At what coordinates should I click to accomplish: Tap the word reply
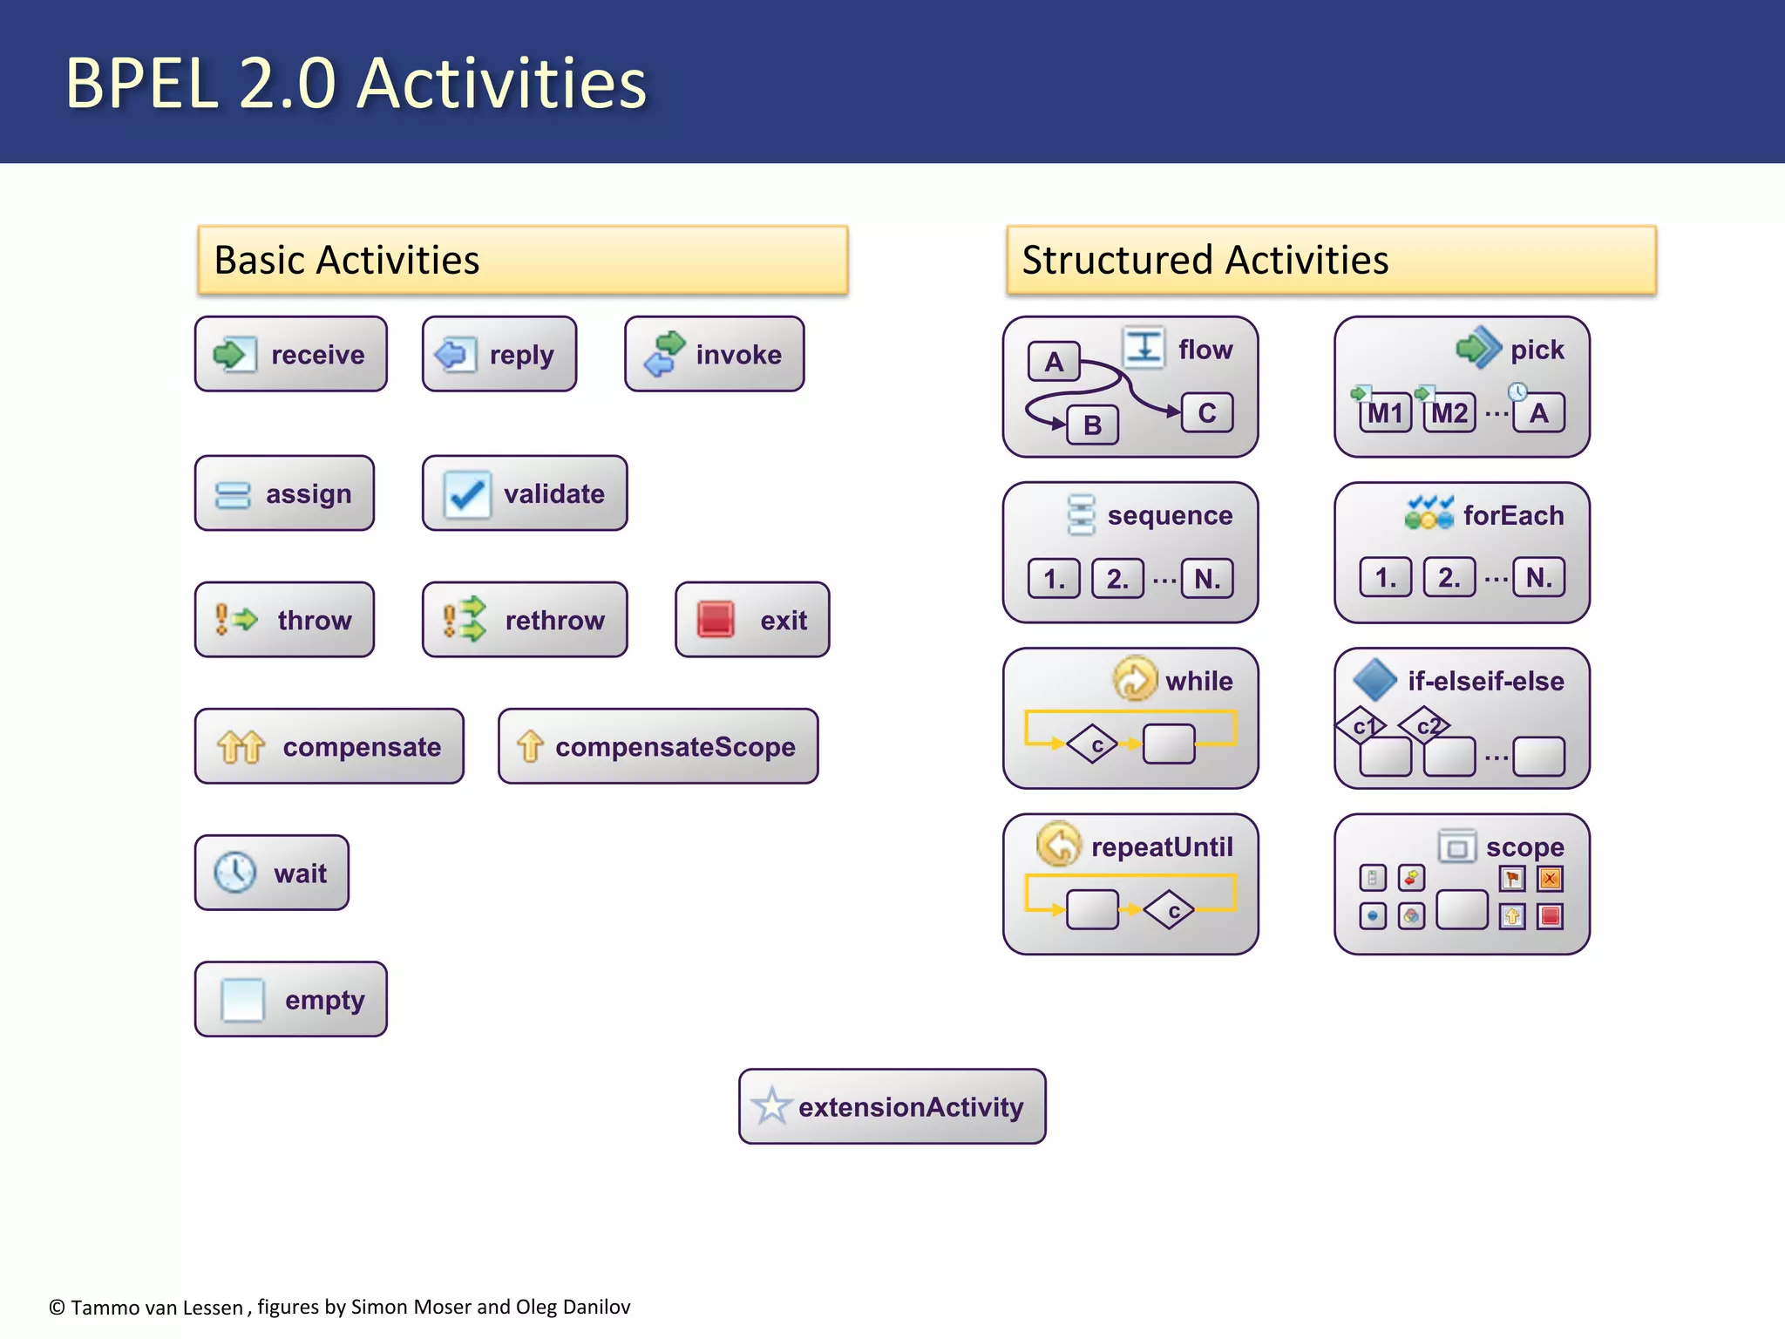tap(521, 355)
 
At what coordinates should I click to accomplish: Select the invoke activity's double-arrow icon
tap(664, 353)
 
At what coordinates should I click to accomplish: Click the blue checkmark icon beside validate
tap(466, 494)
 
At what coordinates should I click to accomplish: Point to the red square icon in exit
tap(716, 620)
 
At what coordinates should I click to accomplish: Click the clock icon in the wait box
tap(234, 873)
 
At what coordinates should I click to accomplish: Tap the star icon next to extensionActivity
tap(770, 1106)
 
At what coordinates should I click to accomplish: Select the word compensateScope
tap(675, 747)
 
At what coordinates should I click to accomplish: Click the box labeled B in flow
tap(1092, 425)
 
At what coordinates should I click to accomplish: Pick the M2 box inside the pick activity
tap(1449, 413)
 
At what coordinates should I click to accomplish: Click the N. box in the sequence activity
tap(1207, 579)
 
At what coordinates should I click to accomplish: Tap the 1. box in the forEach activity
tap(1385, 577)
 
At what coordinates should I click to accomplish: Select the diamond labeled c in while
tap(1094, 744)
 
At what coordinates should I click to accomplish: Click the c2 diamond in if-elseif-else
tap(1425, 725)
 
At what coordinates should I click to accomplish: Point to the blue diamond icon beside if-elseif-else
tap(1375, 679)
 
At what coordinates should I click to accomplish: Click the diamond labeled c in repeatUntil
tap(1170, 911)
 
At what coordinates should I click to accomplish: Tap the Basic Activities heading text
tap(346, 260)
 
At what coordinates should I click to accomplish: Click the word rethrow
tap(554, 621)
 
